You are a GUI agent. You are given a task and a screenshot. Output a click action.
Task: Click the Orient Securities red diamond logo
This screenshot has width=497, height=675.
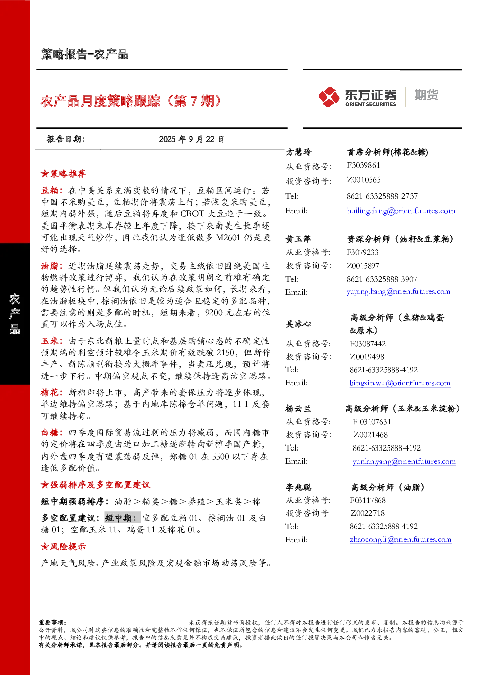pos(329,97)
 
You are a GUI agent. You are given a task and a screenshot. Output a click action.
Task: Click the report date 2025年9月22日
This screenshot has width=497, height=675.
pos(191,139)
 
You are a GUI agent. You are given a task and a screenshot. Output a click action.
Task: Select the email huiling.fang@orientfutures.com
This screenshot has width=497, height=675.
pos(401,211)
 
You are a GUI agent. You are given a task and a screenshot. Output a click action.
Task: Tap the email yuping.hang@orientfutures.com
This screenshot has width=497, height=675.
pos(398,291)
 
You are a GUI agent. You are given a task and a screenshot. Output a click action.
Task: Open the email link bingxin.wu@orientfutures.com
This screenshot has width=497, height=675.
pos(400,383)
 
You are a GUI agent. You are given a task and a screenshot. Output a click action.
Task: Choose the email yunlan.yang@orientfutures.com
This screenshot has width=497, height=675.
pos(404,461)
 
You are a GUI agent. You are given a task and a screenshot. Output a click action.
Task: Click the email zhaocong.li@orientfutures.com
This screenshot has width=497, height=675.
pos(401,539)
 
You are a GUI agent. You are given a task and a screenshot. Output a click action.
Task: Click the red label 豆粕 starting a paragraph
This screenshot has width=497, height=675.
pos(50,190)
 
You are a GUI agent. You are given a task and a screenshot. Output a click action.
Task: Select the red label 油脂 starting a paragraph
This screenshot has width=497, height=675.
pos(50,266)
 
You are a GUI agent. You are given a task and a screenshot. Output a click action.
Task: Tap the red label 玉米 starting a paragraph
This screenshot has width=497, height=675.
pos(50,341)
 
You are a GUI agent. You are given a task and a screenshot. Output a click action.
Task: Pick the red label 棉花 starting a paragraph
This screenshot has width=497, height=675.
pos(50,393)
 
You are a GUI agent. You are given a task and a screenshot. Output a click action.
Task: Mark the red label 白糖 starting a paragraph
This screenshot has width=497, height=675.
pos(50,433)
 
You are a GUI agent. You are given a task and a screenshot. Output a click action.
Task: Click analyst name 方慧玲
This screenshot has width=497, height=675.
pos(299,152)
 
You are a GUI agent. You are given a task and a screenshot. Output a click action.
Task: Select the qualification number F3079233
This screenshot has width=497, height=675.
pos(362,252)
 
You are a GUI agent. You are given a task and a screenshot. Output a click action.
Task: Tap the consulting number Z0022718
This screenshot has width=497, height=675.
pos(367,513)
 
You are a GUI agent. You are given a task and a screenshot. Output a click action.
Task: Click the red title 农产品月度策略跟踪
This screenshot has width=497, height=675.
pos(101,101)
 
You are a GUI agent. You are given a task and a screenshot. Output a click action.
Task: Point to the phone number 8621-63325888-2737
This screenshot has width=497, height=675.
pos(382,196)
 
